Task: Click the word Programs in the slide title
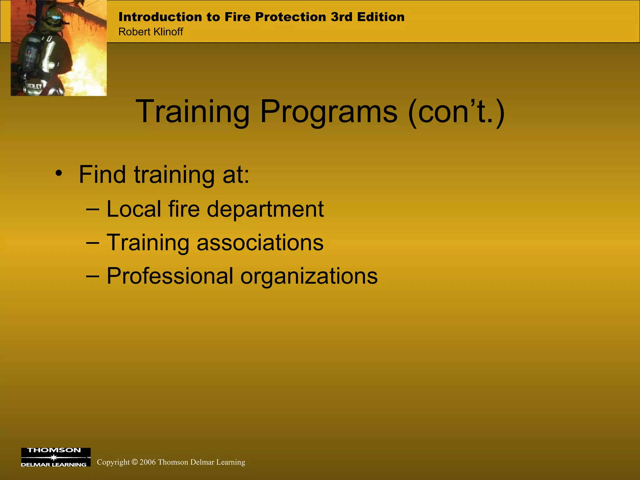(329, 112)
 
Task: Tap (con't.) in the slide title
(456, 112)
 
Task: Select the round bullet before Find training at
(58, 174)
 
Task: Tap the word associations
(260, 243)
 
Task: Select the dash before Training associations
(92, 243)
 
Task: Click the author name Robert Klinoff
(151, 32)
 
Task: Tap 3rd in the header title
(341, 17)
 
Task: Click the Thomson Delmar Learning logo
(56, 457)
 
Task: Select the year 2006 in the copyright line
(147, 462)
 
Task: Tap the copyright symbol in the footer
(134, 462)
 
